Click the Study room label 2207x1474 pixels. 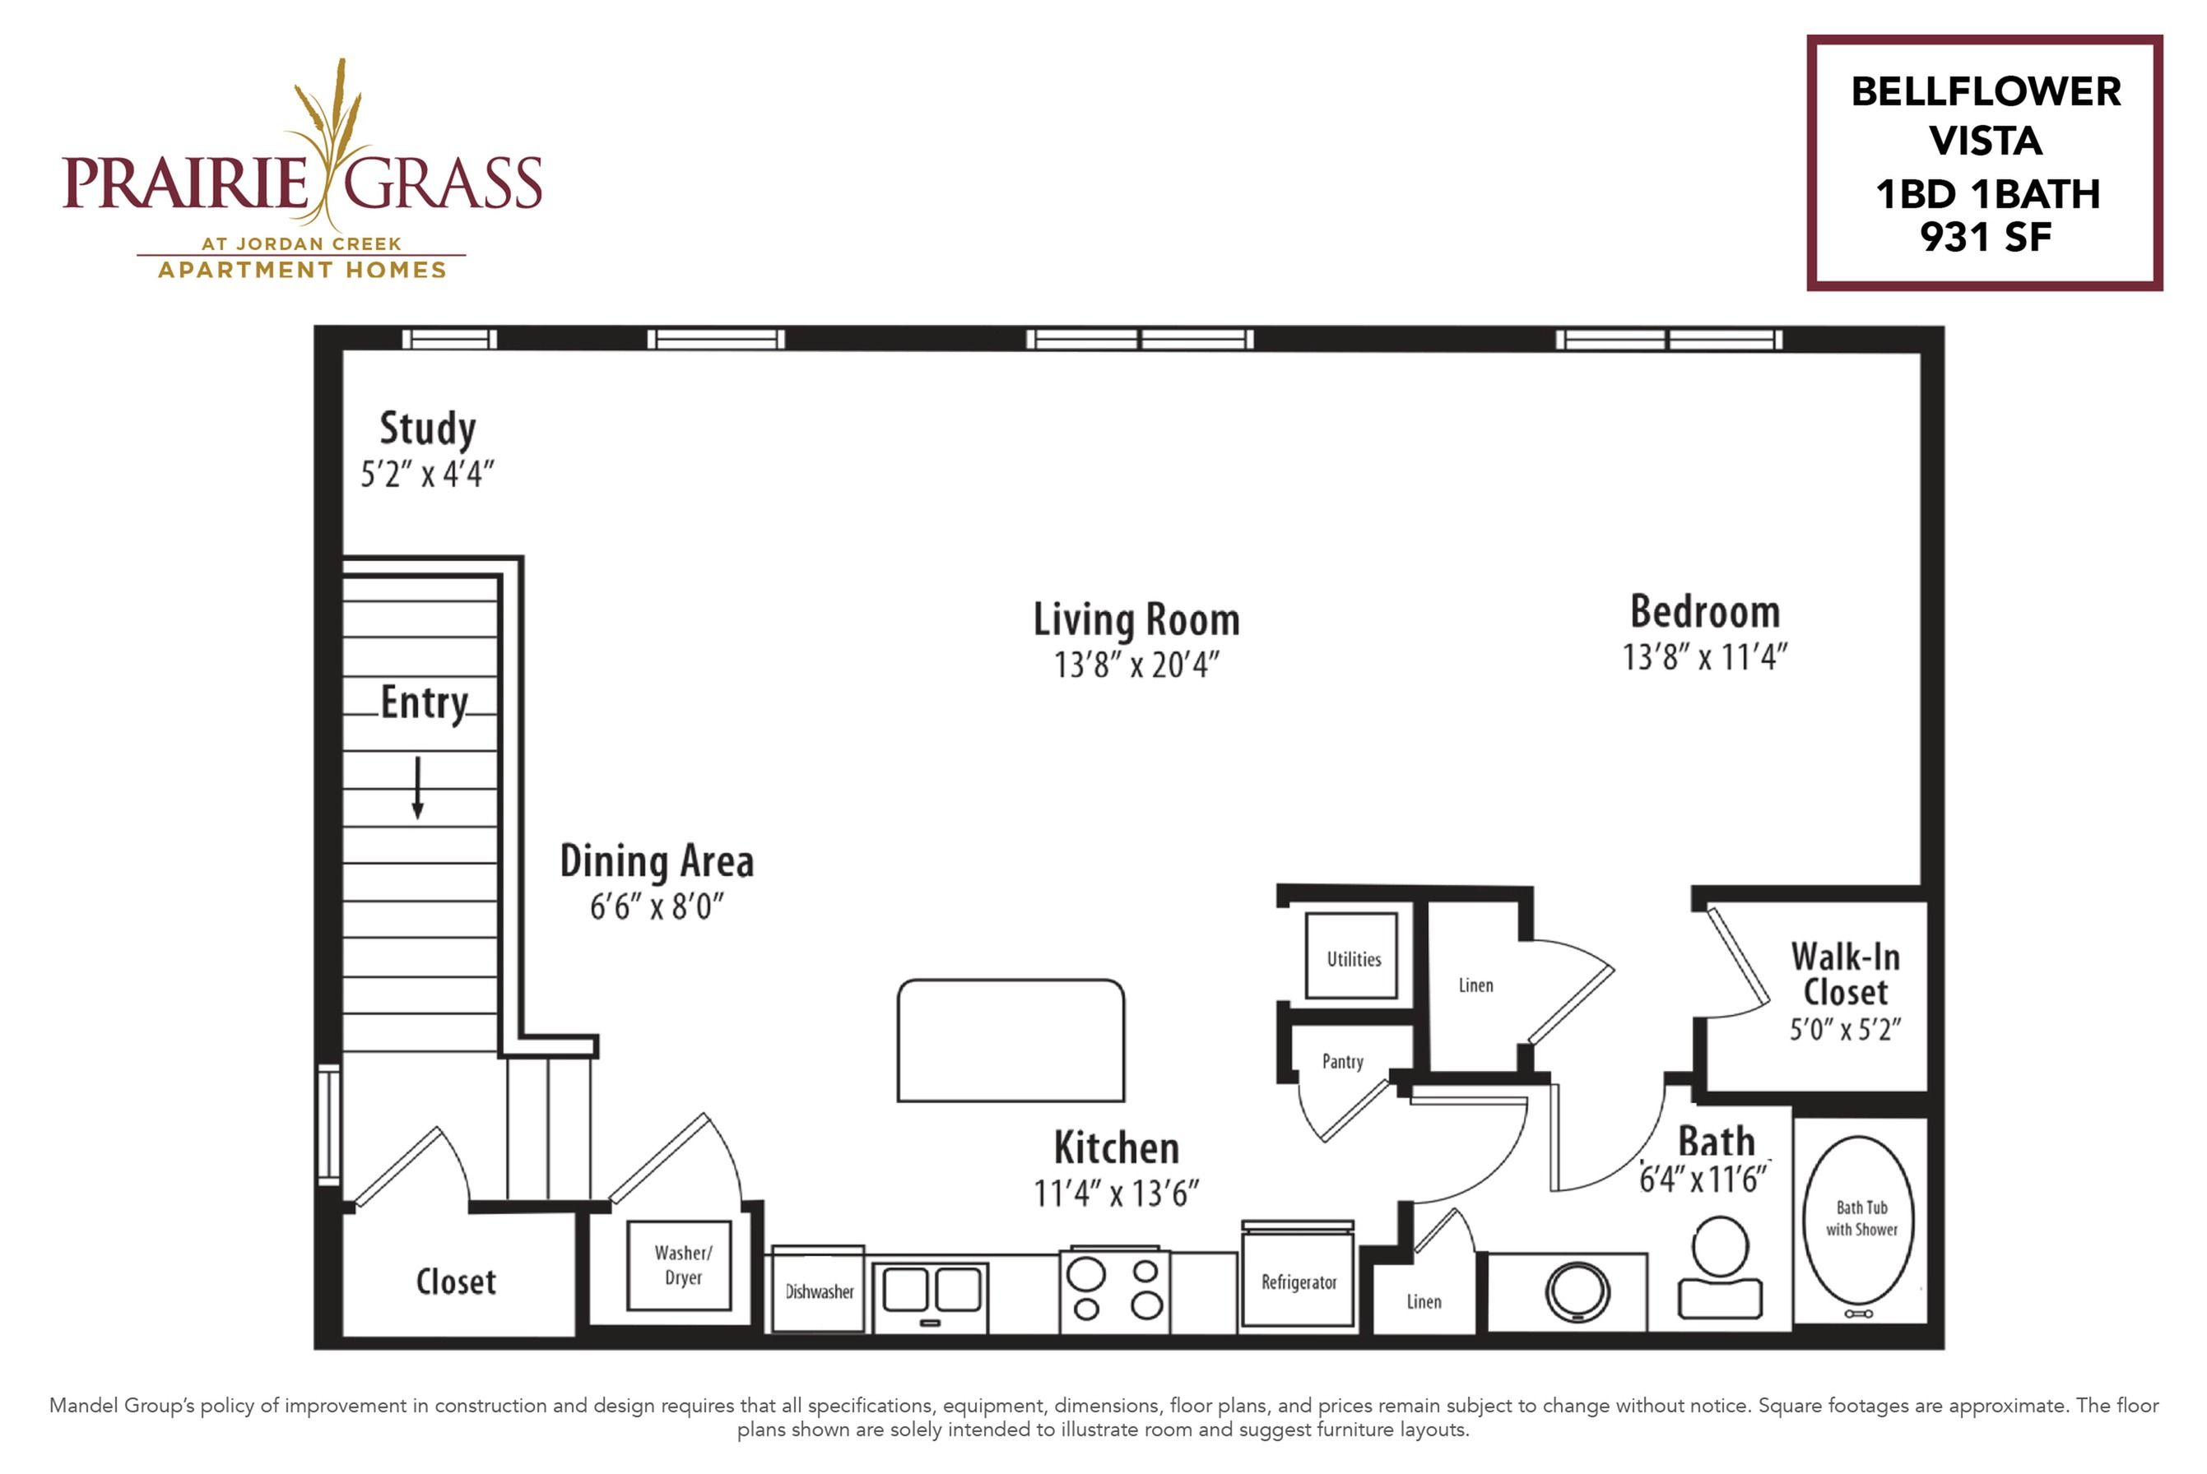[428, 429]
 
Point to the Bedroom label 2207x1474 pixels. [1705, 612]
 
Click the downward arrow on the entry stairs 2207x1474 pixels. [417, 788]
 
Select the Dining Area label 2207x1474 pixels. [657, 861]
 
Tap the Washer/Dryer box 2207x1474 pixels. [679, 1265]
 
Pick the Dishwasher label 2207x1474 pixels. [819, 1291]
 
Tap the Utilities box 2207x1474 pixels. [1352, 956]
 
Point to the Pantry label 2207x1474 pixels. [1342, 1061]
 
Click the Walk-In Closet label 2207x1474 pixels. [1845, 975]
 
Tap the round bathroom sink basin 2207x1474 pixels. [1577, 1292]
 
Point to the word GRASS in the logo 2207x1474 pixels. [442, 183]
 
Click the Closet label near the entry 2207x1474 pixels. [456, 1282]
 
